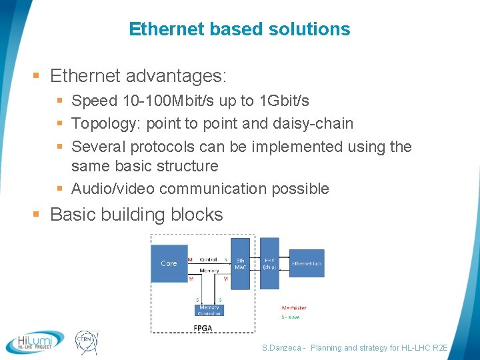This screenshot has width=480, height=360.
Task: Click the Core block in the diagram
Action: coord(169,263)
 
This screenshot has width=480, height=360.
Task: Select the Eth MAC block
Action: coord(240,264)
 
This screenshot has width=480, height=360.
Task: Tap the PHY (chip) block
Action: coord(269,264)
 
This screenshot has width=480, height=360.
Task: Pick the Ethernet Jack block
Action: coord(307,264)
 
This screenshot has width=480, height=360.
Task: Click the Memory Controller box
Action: coord(209,310)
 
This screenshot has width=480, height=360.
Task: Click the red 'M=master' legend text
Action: coord(294,308)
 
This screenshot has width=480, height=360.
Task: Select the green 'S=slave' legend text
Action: coord(291,317)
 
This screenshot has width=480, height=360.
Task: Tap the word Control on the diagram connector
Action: coord(209,259)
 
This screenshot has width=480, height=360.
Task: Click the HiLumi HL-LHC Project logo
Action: coord(35,341)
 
